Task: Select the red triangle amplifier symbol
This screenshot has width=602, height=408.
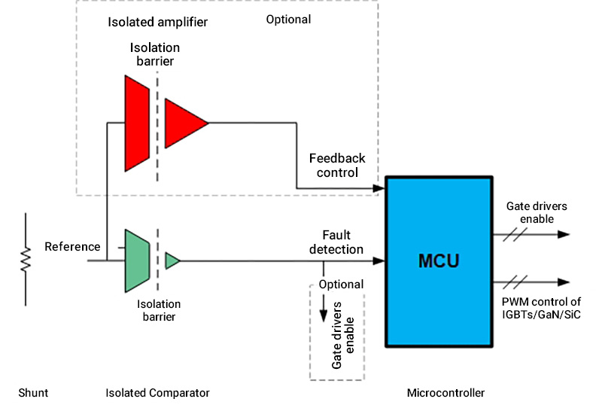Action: [183, 120]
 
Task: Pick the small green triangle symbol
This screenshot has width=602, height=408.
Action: [172, 261]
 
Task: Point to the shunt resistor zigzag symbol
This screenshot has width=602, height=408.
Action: [25, 260]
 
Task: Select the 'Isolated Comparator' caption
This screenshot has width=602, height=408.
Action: [157, 392]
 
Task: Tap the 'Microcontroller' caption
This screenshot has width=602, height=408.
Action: [445, 392]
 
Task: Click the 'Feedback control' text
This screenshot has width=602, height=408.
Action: [336, 165]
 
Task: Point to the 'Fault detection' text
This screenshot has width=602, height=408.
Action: [336, 242]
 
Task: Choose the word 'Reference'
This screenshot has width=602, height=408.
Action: [72, 246]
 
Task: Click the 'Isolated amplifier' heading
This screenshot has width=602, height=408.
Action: [157, 22]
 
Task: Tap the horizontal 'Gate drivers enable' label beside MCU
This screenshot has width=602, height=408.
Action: [537, 212]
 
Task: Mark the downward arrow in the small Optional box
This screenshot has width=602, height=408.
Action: [324, 309]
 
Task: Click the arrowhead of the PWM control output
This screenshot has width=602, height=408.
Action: [564, 283]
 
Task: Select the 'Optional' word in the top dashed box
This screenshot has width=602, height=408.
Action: [288, 19]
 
